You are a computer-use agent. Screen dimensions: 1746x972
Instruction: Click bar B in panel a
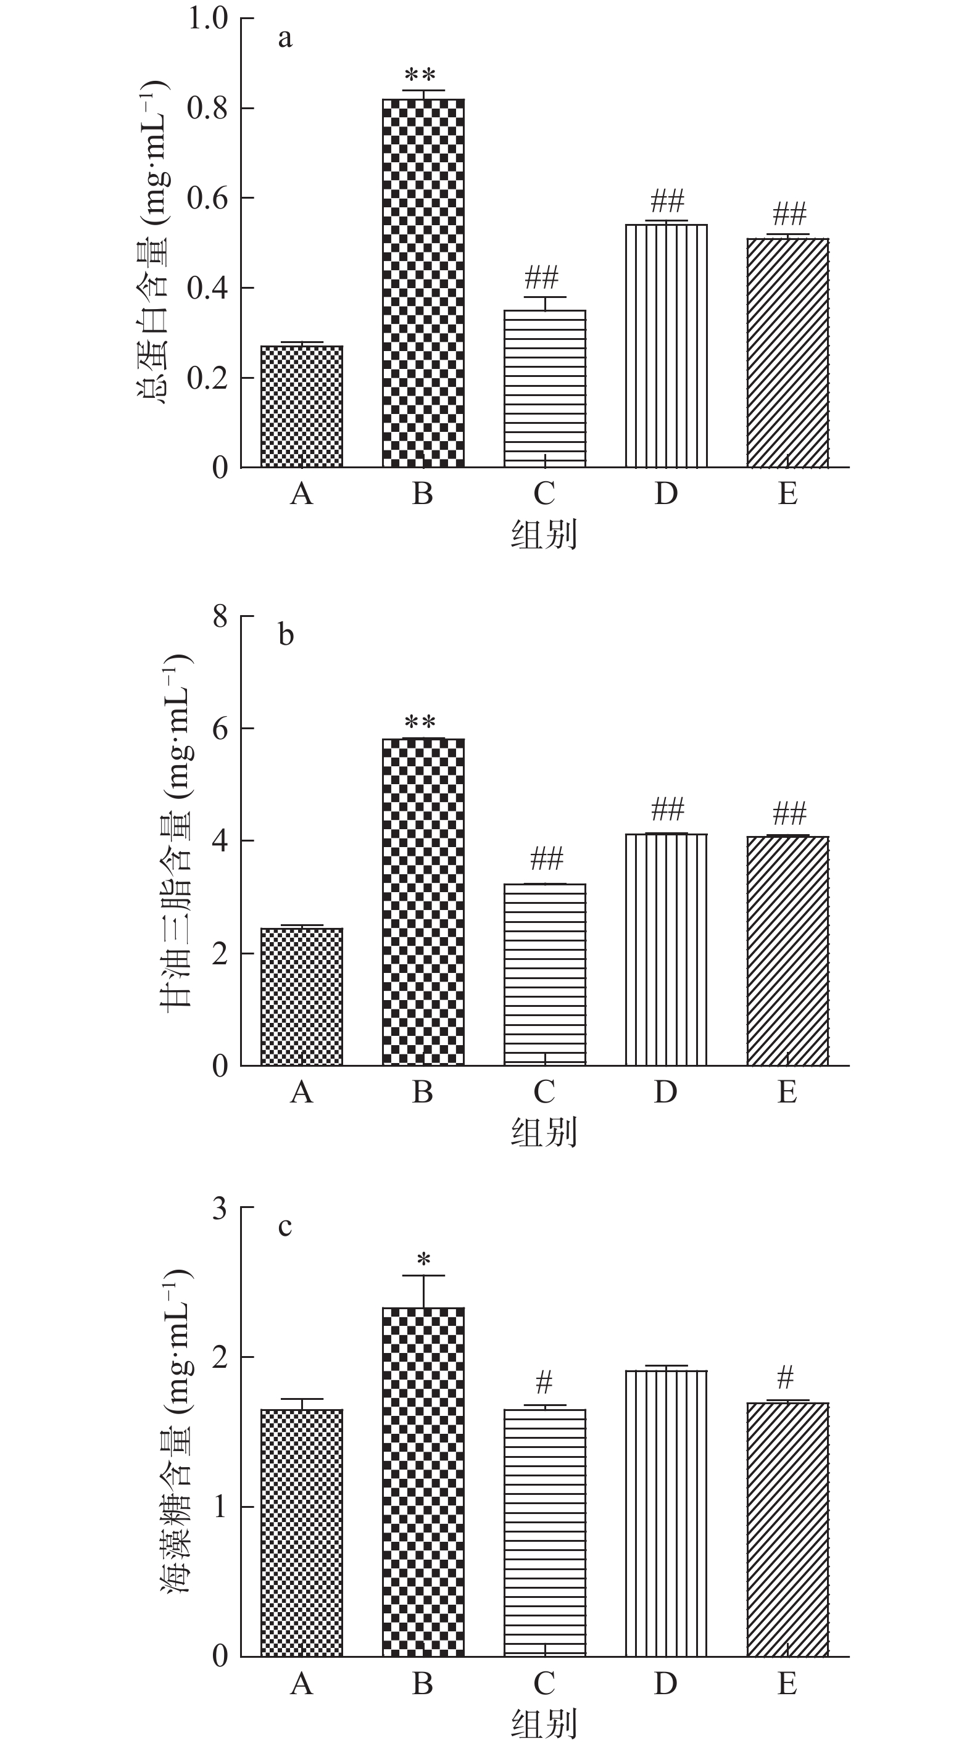point(423,283)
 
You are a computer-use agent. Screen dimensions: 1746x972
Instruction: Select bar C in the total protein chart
point(544,388)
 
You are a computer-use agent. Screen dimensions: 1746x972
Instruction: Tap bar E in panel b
point(787,950)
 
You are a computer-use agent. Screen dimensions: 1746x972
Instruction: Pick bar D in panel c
point(666,1513)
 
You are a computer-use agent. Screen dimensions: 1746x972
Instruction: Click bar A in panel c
point(302,1533)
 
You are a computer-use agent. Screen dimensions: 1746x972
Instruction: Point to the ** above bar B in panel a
point(420,75)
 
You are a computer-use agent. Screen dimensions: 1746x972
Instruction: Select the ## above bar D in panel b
point(668,809)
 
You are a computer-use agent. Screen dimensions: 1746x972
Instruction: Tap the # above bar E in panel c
point(785,1377)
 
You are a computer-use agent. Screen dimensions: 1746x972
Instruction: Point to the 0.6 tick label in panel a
point(207,198)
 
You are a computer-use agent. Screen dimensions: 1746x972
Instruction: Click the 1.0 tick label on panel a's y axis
point(207,19)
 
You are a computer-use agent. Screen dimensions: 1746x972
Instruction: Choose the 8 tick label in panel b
point(220,617)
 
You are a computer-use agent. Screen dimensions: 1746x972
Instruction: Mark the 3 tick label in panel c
point(220,1207)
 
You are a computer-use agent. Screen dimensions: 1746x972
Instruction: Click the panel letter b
point(285,635)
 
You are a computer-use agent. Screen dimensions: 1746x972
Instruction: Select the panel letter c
point(285,1226)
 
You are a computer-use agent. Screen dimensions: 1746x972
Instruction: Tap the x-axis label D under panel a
point(666,494)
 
